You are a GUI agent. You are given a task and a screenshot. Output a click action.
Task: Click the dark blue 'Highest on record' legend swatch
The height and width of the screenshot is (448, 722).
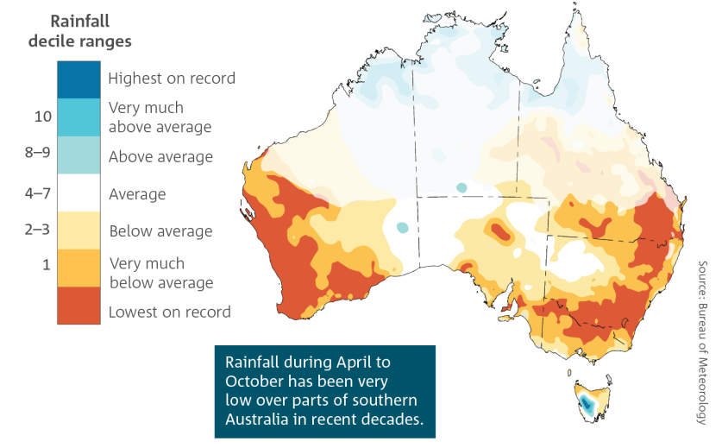[78, 79]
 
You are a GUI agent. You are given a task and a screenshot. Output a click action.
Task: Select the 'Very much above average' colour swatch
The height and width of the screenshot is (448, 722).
[78, 117]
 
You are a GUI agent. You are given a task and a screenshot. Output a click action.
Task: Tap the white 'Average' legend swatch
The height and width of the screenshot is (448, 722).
[78, 192]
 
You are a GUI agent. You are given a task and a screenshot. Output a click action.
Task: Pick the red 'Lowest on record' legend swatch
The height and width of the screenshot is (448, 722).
[78, 306]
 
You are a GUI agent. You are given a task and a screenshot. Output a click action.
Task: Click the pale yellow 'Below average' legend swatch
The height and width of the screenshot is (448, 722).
[78, 230]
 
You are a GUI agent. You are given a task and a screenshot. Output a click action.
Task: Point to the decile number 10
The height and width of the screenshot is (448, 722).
[43, 117]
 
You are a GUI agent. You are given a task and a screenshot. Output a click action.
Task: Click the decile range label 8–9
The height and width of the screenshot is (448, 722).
[38, 152]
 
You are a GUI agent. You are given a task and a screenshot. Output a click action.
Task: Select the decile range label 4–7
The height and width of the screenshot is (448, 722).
[38, 192]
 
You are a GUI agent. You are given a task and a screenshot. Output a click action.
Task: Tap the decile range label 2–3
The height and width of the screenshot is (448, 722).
[37, 229]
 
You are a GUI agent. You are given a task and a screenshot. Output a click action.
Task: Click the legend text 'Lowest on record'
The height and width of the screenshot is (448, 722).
[169, 312]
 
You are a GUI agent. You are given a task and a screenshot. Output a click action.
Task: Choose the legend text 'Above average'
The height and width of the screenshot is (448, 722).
[160, 157]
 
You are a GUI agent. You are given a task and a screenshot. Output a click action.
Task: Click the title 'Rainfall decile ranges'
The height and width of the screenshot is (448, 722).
[79, 31]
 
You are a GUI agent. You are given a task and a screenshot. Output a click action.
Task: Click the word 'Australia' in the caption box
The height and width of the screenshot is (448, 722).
[254, 420]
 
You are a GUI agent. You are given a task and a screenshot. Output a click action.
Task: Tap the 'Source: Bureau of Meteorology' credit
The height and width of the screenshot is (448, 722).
[702, 343]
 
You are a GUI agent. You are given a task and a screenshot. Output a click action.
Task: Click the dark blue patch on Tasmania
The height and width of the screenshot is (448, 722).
[587, 404]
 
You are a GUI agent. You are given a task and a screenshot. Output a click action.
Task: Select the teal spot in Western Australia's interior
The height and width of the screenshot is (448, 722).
[403, 227]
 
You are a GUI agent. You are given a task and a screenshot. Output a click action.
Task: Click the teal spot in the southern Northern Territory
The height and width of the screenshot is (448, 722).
[461, 187]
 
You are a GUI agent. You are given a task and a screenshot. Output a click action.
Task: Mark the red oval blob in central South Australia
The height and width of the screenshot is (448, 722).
[500, 231]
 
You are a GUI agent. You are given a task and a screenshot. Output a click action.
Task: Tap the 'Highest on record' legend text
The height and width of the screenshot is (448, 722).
[172, 79]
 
